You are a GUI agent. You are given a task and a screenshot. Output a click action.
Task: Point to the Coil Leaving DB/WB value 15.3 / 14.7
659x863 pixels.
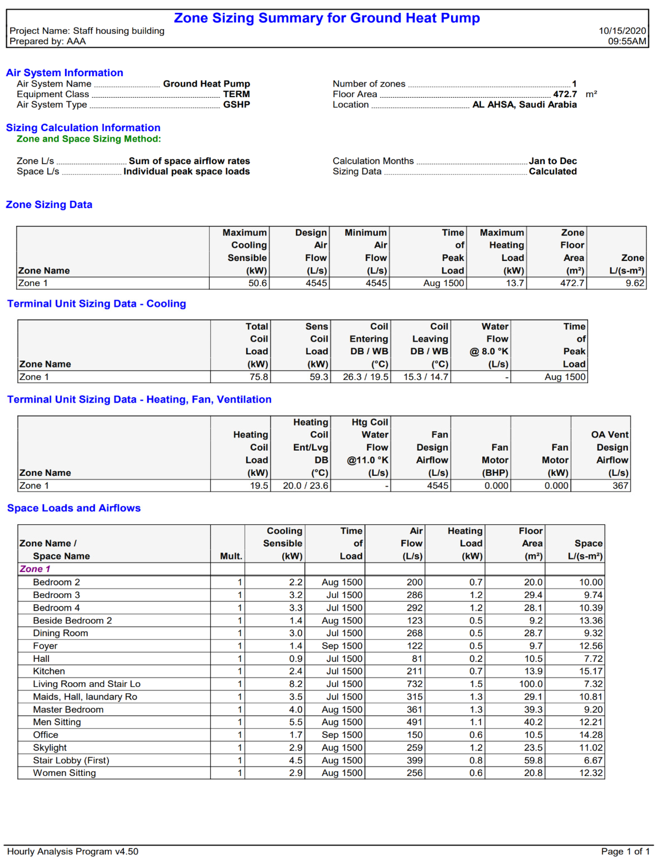(x=426, y=377)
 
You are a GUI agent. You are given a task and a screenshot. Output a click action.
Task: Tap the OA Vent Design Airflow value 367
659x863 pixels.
(x=620, y=486)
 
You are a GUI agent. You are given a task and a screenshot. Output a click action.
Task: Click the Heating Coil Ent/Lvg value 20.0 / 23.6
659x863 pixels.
(x=305, y=486)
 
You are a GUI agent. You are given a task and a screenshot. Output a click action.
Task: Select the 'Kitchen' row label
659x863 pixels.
(x=49, y=671)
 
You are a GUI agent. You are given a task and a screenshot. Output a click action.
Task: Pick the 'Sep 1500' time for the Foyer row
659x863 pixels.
(x=342, y=646)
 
